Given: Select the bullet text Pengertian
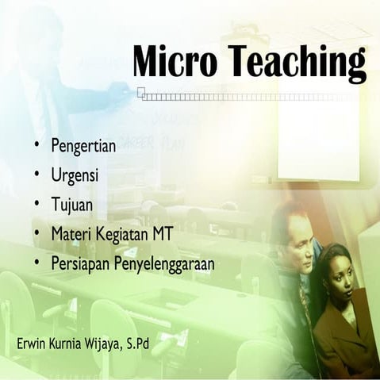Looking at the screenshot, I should coord(83,147).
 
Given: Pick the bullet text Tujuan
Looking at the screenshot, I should coord(72,205).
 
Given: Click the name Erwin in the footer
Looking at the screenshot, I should coord(32,346).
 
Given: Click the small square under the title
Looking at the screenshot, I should coord(140,92).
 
